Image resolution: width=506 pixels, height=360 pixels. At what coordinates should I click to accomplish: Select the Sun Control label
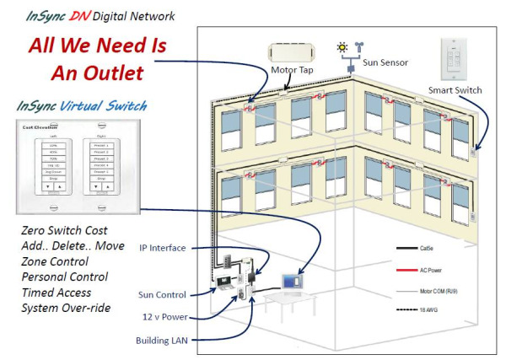tap(164, 294)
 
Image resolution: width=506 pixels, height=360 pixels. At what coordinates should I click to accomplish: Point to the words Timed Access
tap(60, 292)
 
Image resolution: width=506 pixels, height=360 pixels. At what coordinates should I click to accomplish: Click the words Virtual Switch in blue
tap(107, 106)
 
